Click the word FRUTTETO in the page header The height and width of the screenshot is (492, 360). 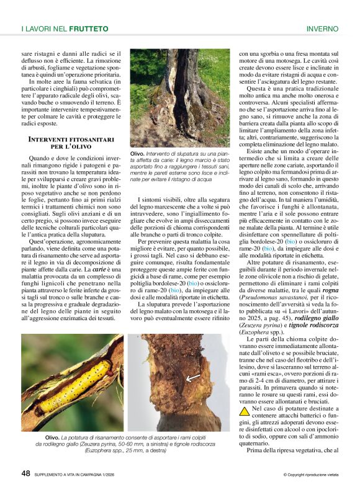[x=89, y=29]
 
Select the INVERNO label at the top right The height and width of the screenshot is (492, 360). [x=323, y=29]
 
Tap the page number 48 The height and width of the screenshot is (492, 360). [x=25, y=473]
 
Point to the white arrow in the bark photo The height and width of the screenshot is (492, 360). [x=193, y=377]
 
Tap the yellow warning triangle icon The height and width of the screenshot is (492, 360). [x=245, y=410]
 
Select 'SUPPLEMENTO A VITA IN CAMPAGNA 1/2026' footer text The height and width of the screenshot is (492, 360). [x=88, y=475]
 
